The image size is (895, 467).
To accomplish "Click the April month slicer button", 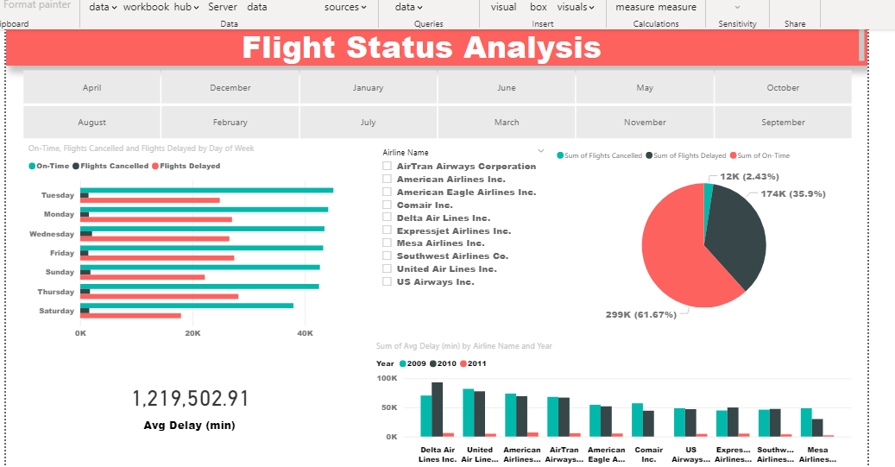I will click(x=91, y=88).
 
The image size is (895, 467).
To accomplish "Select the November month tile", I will click(x=645, y=123).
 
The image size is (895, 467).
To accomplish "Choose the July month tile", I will click(x=368, y=123).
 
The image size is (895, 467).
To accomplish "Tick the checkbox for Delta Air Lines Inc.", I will click(x=388, y=218).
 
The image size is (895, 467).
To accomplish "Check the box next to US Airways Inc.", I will click(x=388, y=282).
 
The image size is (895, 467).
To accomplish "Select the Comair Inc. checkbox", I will click(x=388, y=205).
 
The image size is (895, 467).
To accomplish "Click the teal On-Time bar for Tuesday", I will click(x=206, y=190).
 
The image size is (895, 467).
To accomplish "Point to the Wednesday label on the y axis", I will click(x=52, y=234).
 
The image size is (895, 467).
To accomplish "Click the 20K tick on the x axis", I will click(x=192, y=332).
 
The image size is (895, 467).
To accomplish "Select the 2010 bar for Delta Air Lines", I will click(x=438, y=409).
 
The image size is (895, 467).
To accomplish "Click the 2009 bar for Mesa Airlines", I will click(x=806, y=422).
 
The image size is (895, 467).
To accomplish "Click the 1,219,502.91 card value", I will click(x=190, y=399).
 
